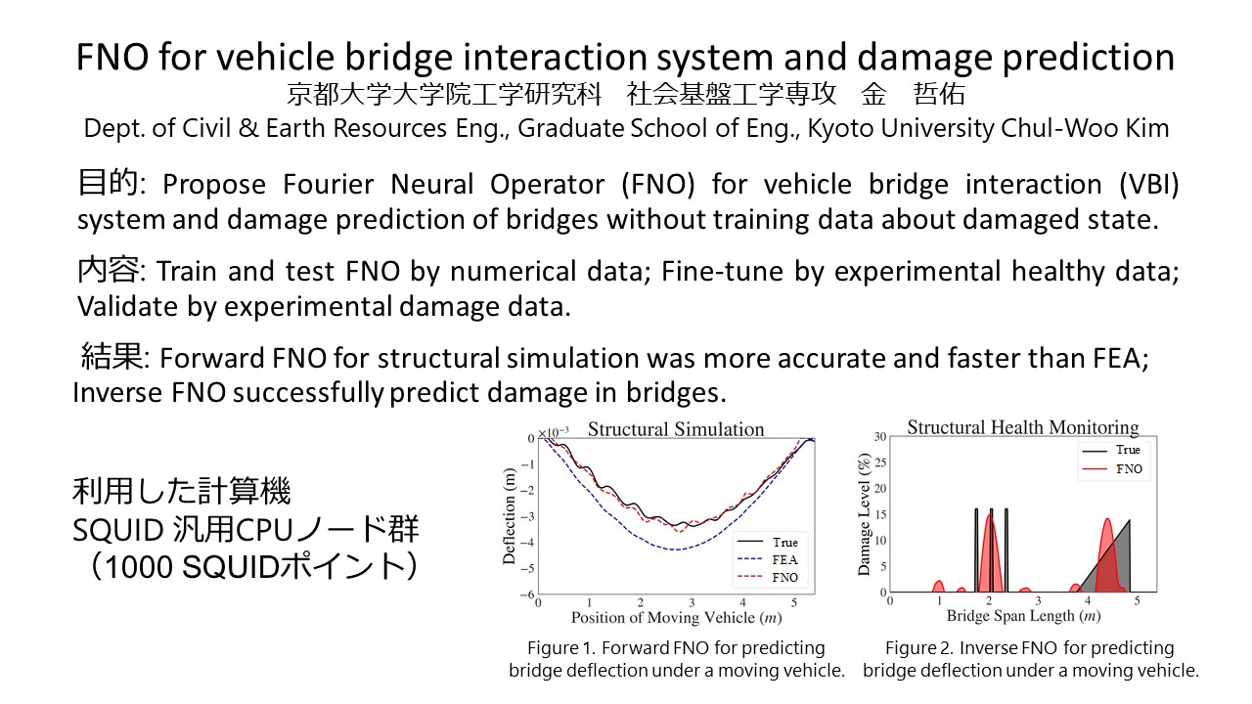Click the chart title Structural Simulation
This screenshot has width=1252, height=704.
click(675, 429)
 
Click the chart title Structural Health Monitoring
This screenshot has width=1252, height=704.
click(1022, 427)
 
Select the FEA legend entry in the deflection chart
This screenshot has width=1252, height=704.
click(773, 559)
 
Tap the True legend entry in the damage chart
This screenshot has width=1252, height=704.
click(1113, 450)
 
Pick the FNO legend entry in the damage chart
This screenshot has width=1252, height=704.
click(1113, 469)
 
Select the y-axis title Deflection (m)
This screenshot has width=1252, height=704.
click(510, 515)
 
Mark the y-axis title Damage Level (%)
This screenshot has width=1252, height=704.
click(864, 514)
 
